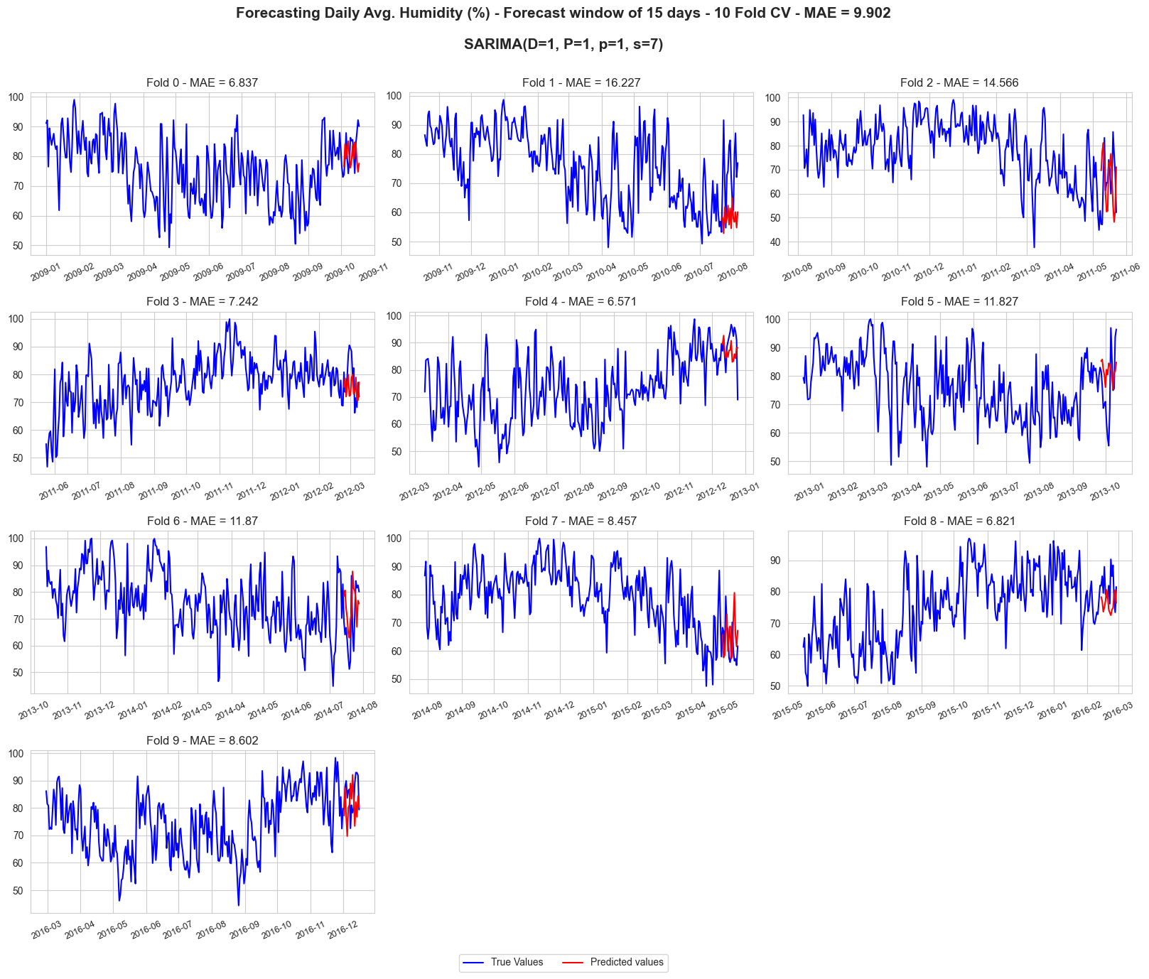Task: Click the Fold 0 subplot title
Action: point(203,82)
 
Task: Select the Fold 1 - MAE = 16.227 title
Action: point(581,82)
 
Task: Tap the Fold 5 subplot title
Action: point(959,301)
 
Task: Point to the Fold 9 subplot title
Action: point(203,740)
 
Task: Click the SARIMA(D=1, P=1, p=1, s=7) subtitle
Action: point(563,44)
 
